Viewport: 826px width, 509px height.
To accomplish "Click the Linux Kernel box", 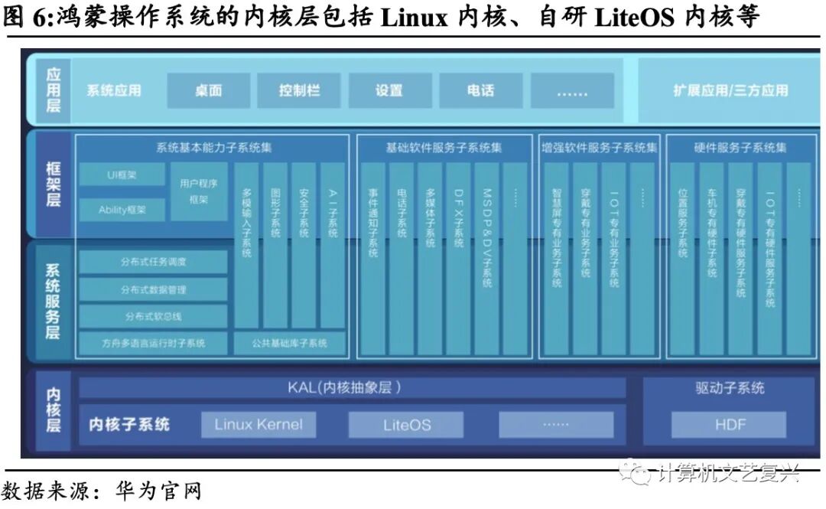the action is [259, 425].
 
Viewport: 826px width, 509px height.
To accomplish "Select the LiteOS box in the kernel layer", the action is [407, 425].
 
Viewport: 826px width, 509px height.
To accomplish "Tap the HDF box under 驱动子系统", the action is [729, 425].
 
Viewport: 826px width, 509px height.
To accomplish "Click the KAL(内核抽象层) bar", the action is [352, 387].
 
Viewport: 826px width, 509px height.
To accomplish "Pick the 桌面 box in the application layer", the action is [208, 90].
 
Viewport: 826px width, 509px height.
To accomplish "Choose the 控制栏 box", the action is [299, 90].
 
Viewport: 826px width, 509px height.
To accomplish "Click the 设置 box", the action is [389, 90].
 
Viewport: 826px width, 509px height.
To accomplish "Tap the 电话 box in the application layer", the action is [480, 90].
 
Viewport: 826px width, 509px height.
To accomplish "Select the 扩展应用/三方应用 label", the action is [730, 90].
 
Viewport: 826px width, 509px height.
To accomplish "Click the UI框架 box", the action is [122, 175].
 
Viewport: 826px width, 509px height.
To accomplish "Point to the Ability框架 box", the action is [122, 210].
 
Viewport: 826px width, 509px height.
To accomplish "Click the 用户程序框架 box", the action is [199, 191].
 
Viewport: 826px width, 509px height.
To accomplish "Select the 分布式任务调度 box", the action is [154, 262].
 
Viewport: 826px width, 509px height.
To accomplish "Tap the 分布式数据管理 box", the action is [154, 289].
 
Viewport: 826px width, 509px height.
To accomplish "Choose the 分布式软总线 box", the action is [154, 316].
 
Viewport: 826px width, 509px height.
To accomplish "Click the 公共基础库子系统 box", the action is [290, 343].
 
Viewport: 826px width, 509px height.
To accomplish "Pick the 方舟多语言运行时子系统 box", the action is [154, 343].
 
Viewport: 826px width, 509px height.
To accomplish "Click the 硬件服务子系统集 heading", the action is [740, 147].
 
